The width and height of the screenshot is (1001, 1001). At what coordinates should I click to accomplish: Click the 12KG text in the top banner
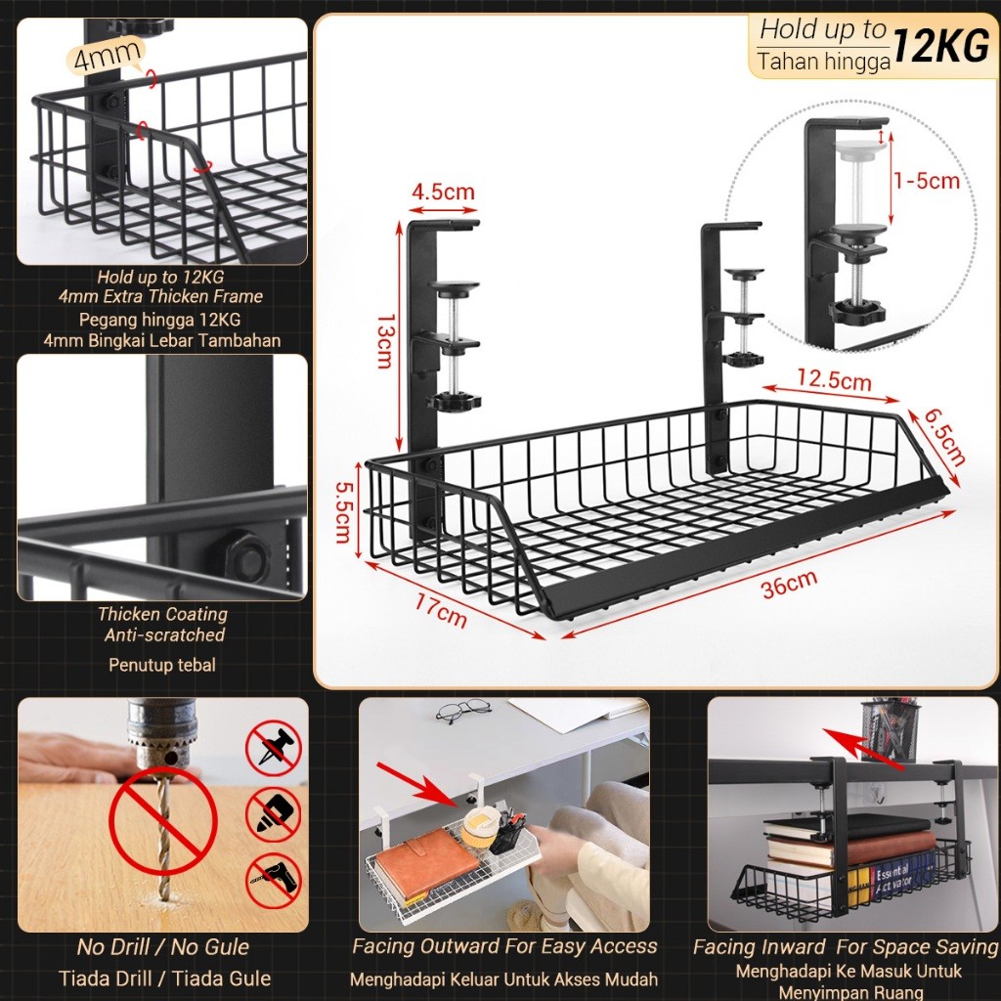tap(939, 47)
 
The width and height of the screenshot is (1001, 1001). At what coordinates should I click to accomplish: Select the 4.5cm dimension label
tap(443, 190)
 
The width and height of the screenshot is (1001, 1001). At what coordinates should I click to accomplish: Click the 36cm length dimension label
tap(789, 584)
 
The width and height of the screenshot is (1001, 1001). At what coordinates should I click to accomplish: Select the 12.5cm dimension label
tap(832, 380)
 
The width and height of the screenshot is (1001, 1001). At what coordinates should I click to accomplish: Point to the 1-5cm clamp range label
tap(926, 180)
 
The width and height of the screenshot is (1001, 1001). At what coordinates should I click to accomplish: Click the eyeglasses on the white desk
tap(463, 710)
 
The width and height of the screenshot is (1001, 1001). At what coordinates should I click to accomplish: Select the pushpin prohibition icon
tap(274, 748)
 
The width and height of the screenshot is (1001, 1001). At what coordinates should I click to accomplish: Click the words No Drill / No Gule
tap(163, 946)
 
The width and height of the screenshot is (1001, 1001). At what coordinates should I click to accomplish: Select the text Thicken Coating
tap(162, 614)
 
